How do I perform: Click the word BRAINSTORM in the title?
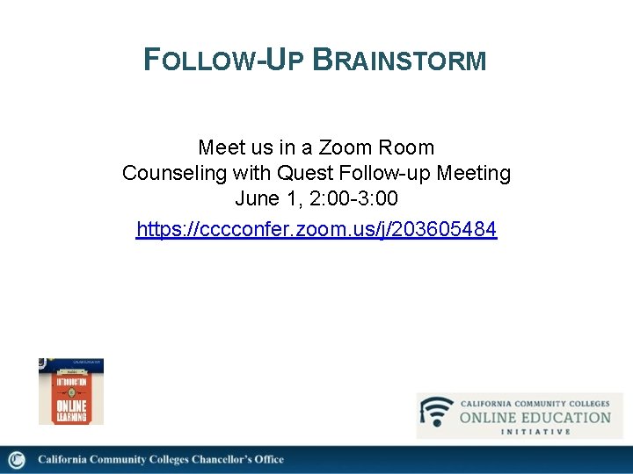pos(399,61)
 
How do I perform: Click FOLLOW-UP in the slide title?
pos(223,61)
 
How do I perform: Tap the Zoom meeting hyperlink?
pos(316,230)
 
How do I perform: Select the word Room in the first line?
pos(406,147)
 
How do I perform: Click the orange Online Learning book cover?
pos(71,391)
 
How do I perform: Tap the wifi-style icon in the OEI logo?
pos(437,412)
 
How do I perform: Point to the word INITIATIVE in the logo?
pos(535,432)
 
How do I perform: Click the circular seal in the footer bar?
pos(18,460)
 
